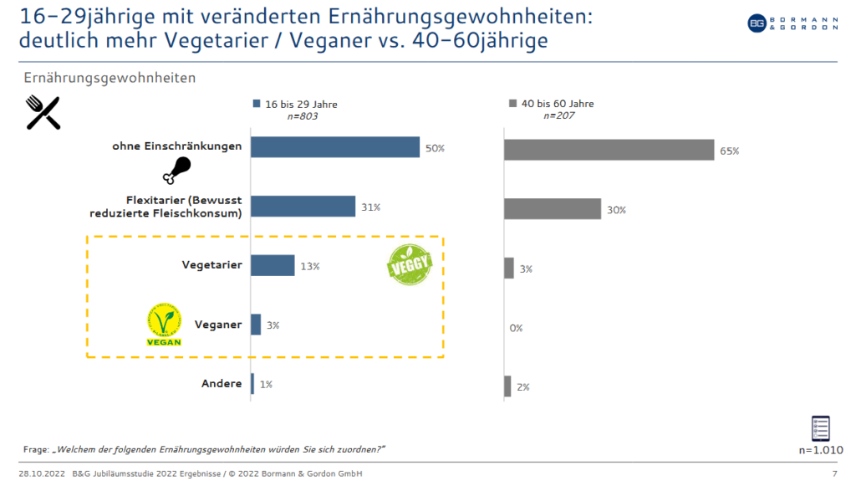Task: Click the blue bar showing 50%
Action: click(x=335, y=147)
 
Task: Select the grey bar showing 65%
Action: click(x=609, y=150)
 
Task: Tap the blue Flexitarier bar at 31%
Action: click(x=303, y=207)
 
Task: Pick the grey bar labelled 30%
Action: click(x=552, y=209)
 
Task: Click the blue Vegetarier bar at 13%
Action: click(x=273, y=265)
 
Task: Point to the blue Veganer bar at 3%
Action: click(x=256, y=325)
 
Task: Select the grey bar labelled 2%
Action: click(x=507, y=386)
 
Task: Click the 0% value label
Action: click(x=516, y=328)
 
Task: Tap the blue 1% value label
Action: click(x=266, y=384)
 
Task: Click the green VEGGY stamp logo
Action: click(x=410, y=264)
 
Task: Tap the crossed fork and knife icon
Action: click(x=43, y=113)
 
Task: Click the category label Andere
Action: click(x=222, y=384)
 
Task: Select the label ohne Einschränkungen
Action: click(x=177, y=146)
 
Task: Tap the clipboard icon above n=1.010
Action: click(x=821, y=427)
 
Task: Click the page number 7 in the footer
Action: click(x=834, y=474)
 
